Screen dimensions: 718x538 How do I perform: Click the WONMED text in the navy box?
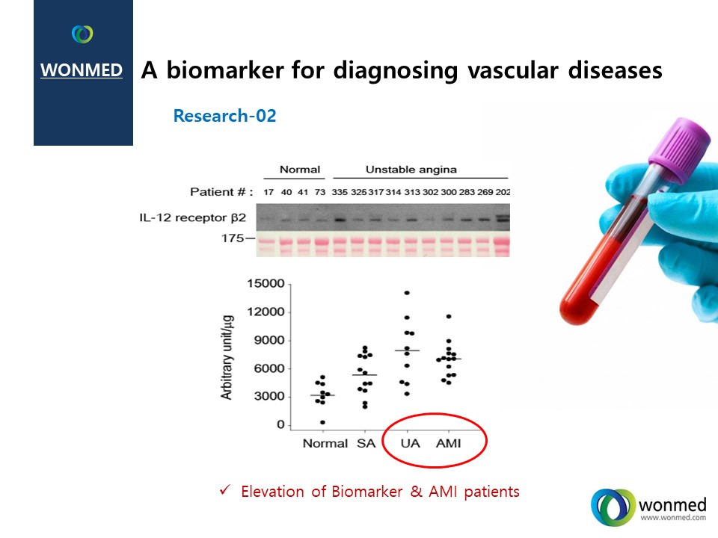pyautogui.click(x=82, y=70)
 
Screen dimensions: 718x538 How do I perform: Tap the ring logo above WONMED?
pyautogui.click(x=82, y=34)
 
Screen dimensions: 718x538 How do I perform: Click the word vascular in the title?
pyautogui.click(x=513, y=70)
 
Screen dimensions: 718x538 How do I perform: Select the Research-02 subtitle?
pyautogui.click(x=225, y=116)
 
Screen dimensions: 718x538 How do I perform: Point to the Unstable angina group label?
pyautogui.click(x=411, y=170)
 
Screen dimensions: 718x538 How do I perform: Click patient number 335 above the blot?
pyautogui.click(x=340, y=192)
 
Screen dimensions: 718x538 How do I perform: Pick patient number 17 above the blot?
pyautogui.click(x=269, y=192)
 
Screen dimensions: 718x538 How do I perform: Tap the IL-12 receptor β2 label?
pyautogui.click(x=193, y=217)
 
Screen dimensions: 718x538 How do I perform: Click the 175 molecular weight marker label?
pyautogui.click(x=233, y=238)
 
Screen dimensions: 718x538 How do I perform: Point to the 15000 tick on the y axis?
pyautogui.click(x=266, y=284)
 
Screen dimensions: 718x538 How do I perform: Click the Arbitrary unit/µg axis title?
pyautogui.click(x=227, y=357)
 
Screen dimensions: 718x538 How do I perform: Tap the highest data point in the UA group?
pyautogui.click(x=407, y=293)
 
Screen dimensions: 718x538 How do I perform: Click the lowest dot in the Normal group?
pyautogui.click(x=323, y=422)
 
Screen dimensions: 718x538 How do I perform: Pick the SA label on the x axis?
pyautogui.click(x=366, y=443)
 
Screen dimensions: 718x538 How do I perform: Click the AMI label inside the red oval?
pyautogui.click(x=448, y=443)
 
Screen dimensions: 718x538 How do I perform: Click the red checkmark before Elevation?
pyautogui.click(x=224, y=490)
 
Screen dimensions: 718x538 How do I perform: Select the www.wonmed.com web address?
pyautogui.click(x=673, y=518)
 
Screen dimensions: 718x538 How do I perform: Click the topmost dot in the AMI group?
pyautogui.click(x=449, y=317)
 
